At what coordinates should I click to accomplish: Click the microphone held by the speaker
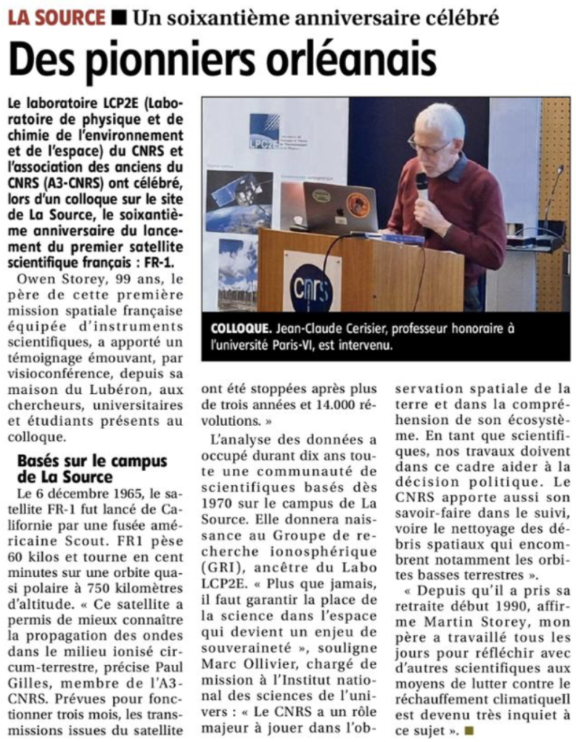click(422, 185)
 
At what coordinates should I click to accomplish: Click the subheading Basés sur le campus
click(91, 462)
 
